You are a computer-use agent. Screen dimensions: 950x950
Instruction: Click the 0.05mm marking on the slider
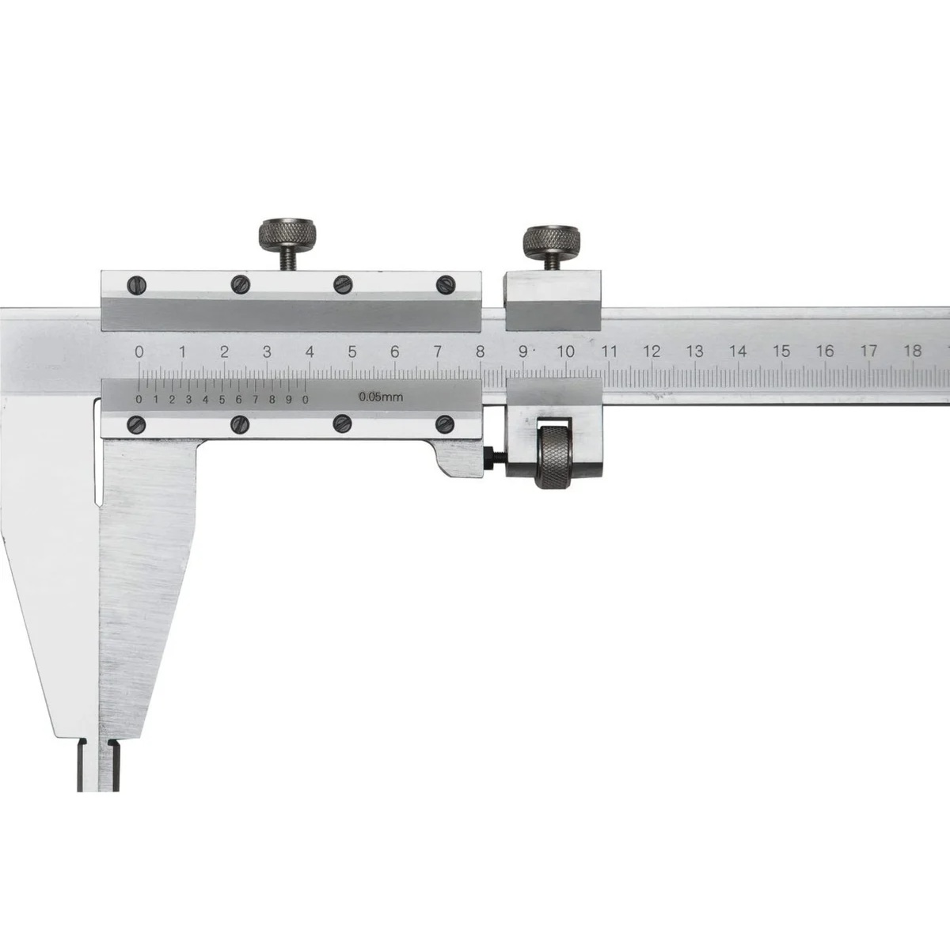[381, 397]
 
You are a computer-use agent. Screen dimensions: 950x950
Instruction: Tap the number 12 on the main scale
[652, 351]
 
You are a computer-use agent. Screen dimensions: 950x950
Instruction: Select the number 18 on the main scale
[913, 351]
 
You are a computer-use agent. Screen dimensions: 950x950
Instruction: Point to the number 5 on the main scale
[352, 351]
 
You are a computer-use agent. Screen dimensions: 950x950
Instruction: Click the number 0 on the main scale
[139, 351]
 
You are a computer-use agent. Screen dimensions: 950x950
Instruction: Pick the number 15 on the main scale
[782, 351]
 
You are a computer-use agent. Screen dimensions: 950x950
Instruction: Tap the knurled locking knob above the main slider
[287, 234]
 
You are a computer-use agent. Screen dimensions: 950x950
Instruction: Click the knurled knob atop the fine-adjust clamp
[552, 242]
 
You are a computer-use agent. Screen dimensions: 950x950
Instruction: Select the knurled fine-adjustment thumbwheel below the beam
[556, 457]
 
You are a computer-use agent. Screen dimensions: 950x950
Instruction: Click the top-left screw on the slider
[137, 285]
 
